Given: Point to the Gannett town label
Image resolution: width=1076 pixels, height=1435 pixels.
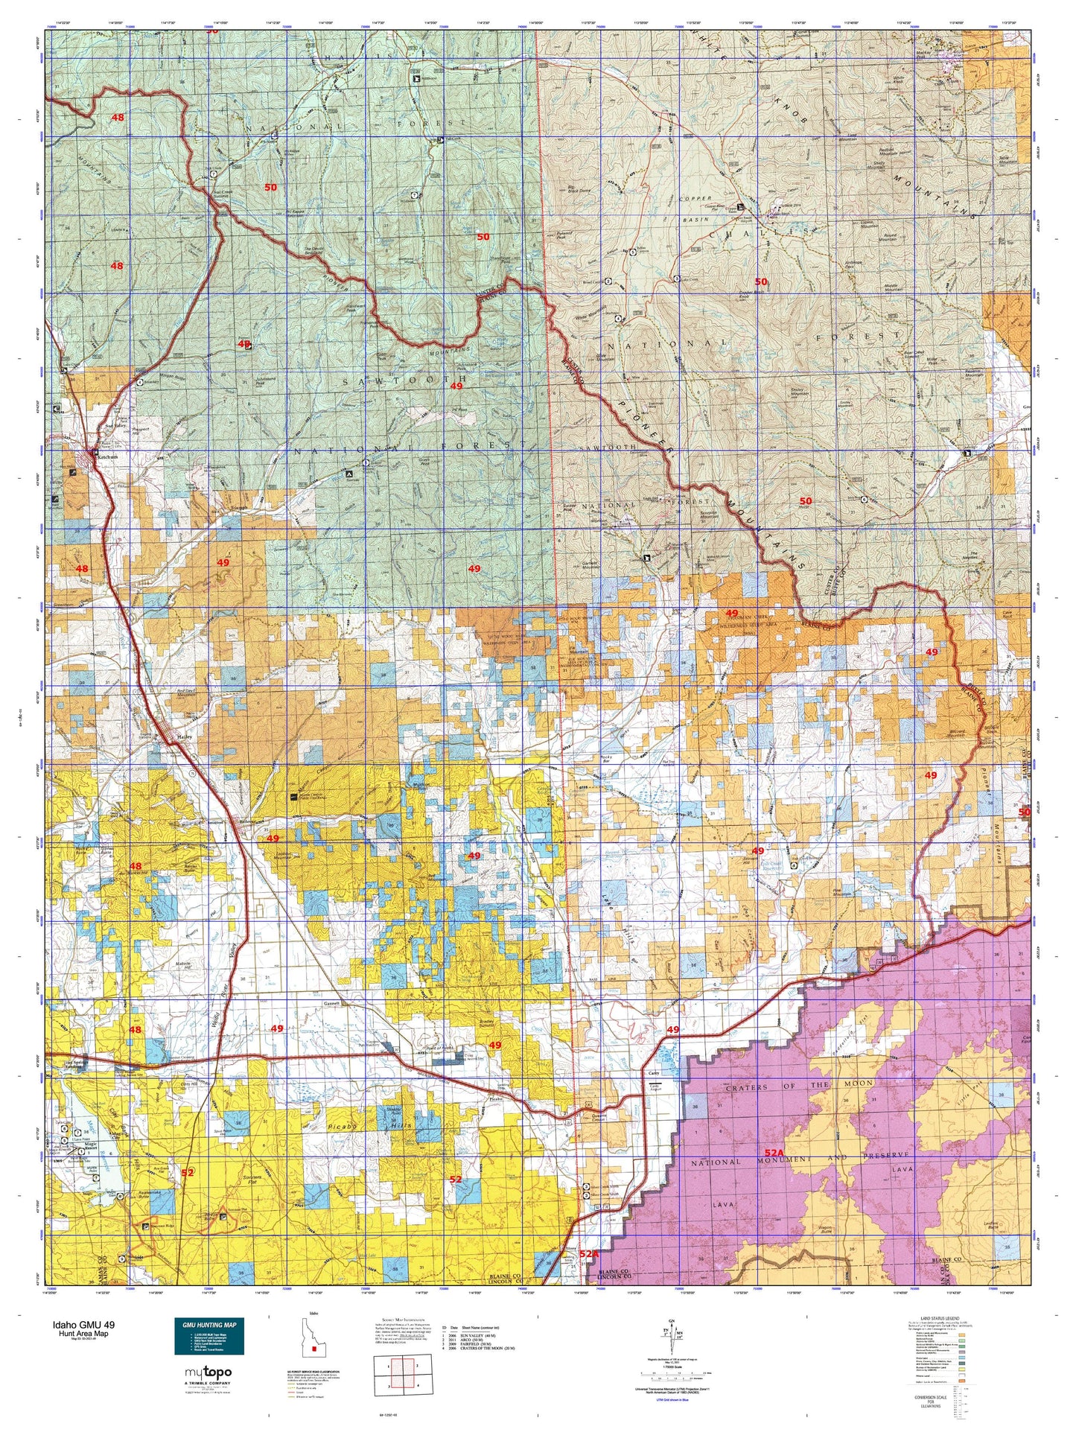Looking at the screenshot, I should point(332,1002).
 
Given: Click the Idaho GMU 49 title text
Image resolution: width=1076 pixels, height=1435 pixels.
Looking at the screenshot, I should point(83,1325).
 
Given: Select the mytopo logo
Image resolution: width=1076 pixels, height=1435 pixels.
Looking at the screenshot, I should point(208,1372).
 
